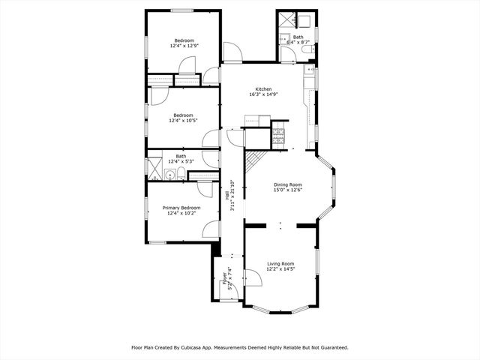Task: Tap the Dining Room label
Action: [287, 184]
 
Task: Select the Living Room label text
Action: [280, 263]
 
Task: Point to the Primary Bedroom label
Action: [182, 208]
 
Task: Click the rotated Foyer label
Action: [223, 278]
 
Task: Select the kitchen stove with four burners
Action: [280, 136]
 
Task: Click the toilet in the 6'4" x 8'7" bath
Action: [307, 43]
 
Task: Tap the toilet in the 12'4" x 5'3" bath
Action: [181, 175]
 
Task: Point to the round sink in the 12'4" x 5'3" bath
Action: [170, 175]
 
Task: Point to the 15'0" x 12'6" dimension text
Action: [287, 190]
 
